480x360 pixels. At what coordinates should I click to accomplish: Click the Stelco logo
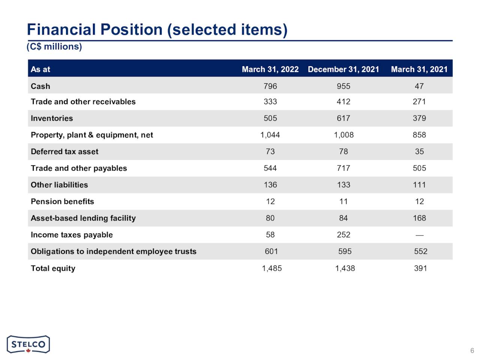point(28,344)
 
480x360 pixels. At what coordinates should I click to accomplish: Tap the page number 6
point(472,351)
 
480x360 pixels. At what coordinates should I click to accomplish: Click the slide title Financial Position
point(157,30)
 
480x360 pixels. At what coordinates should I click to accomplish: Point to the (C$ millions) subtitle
point(54,46)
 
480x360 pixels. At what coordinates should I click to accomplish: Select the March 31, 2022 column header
point(270,69)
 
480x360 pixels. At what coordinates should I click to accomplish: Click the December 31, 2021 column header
point(343,69)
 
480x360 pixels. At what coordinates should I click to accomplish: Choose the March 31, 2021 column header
point(419,69)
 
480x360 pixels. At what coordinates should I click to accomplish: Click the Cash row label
point(40,86)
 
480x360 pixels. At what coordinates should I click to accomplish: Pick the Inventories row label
point(52,118)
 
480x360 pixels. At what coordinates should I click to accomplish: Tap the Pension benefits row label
point(62,201)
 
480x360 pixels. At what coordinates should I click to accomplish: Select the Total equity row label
point(53,268)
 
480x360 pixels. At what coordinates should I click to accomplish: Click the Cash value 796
point(270,86)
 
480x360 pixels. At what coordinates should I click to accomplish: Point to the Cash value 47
point(419,86)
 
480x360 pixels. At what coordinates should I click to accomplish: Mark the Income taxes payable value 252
point(343,235)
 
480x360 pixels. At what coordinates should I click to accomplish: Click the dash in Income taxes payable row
point(419,235)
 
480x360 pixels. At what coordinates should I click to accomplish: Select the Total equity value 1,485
point(271,268)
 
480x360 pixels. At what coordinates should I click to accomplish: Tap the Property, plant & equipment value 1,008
point(343,135)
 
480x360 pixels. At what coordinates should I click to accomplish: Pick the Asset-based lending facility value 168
point(419,218)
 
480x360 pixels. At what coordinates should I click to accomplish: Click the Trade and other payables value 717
point(343,168)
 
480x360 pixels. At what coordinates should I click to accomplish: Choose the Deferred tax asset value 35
point(419,151)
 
